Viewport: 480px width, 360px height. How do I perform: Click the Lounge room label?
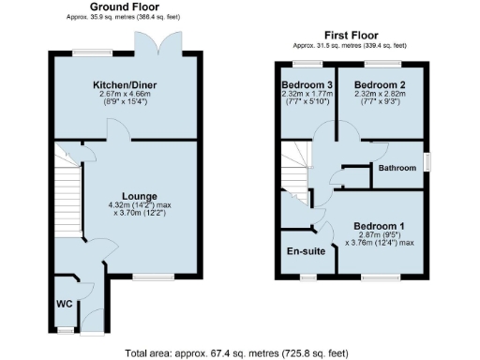[127, 196]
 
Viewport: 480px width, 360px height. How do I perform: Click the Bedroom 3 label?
[307, 84]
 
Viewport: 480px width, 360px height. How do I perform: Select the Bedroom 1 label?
[380, 226]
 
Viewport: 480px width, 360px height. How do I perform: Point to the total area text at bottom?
[236, 353]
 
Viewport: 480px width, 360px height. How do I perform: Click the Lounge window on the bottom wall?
[146, 276]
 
